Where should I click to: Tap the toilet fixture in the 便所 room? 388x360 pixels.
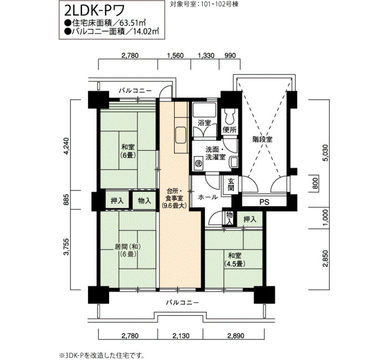229,116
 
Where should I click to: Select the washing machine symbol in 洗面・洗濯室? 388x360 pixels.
198,163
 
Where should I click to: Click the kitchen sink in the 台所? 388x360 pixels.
181,136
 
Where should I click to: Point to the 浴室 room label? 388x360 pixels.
204,123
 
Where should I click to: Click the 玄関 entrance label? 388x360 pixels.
231,184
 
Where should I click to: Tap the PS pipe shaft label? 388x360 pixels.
264,202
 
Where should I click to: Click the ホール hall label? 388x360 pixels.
208,197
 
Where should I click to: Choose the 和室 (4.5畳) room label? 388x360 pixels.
234,260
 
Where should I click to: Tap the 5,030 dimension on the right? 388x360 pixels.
326,153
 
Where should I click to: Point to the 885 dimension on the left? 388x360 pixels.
66,199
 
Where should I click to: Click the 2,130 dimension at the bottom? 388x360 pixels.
180,336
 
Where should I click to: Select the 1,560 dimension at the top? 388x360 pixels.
176,55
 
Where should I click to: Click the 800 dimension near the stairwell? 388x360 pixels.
315,183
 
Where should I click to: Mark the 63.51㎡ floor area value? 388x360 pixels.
132,23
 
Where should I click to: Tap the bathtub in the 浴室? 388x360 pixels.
203,110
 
